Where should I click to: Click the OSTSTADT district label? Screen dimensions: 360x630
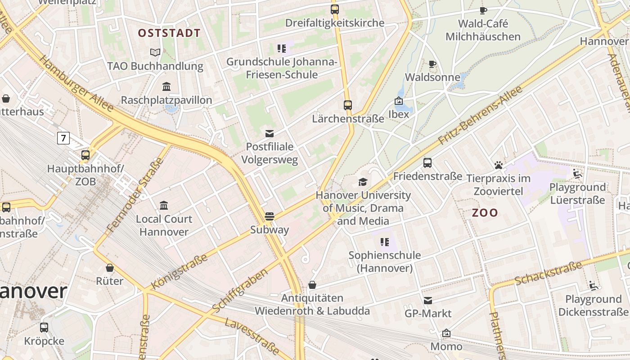169,33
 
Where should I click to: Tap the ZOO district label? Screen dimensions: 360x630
485,213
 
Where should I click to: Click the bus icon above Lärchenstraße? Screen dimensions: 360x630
347,105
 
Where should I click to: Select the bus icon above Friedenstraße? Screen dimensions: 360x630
427,163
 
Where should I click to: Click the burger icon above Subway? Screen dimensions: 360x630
270,216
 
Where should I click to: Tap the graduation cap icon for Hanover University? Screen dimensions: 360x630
363,182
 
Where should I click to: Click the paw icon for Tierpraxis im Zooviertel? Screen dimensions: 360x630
498,165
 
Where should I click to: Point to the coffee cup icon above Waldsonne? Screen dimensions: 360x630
432,64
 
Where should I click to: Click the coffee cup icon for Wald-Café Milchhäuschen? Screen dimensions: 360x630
483,10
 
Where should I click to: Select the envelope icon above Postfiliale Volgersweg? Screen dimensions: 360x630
270,133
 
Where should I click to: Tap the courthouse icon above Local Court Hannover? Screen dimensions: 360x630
164,206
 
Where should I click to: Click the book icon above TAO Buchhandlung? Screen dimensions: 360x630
155,53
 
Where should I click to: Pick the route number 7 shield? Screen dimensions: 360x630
63,138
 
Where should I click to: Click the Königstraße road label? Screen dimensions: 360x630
180,271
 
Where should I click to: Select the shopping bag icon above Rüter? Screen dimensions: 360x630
109,268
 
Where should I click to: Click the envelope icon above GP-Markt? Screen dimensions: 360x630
427,300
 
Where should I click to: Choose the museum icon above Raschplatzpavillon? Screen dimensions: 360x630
166,86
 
